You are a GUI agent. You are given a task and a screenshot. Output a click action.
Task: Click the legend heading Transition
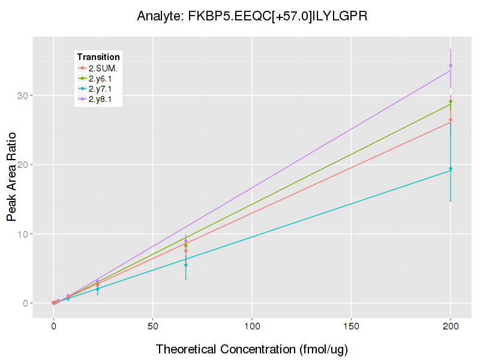pos(98,57)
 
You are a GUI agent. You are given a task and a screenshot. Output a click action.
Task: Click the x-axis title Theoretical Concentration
pos(252,349)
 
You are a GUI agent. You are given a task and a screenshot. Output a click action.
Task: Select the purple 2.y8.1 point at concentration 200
pos(451,65)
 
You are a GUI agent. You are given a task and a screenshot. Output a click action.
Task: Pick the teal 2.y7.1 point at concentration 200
pos(451,169)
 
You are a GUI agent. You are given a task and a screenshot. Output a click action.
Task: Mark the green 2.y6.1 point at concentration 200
pos(451,101)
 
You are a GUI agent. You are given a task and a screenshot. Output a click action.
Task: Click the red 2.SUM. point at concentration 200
pos(451,119)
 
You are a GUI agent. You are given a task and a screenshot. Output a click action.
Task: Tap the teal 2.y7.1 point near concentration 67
pos(186,265)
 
